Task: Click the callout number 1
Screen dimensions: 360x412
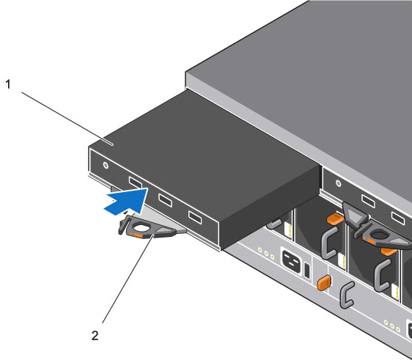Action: tap(8, 84)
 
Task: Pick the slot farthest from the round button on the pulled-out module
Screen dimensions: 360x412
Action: tap(194, 216)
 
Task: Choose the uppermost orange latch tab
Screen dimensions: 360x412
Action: tap(334, 219)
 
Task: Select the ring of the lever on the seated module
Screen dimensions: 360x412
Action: tap(382, 237)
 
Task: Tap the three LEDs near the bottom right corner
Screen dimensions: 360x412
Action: tap(391, 323)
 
